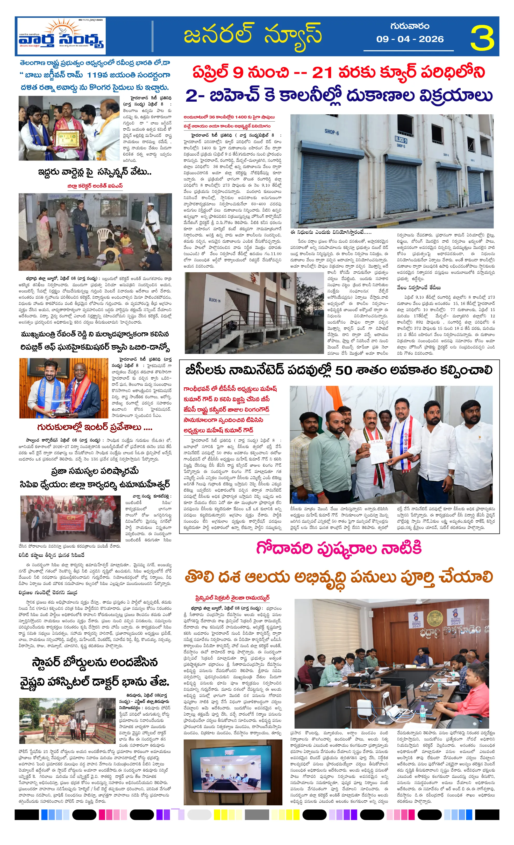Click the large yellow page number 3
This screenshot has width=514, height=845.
coord(482,38)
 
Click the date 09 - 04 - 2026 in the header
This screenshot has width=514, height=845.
coord(410,39)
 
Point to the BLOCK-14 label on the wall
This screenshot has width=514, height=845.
coord(215,300)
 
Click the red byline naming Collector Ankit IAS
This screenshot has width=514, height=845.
coord(95,186)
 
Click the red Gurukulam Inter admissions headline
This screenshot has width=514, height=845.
coord(95,427)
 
